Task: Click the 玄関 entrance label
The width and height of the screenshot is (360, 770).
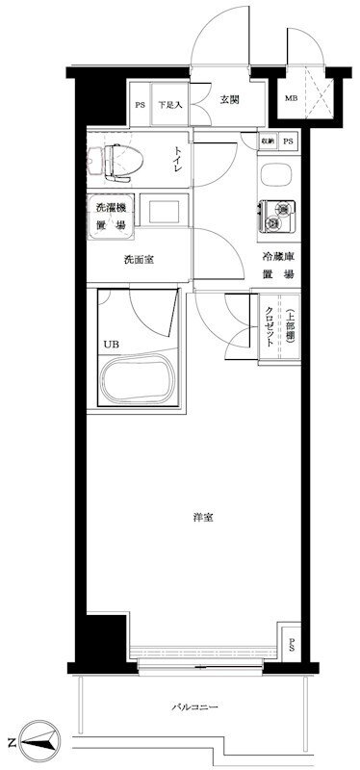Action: click(x=228, y=100)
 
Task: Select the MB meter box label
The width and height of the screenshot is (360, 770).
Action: click(x=292, y=97)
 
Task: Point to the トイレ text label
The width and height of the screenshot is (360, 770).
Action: click(x=178, y=160)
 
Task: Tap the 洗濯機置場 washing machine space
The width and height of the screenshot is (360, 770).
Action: click(x=110, y=216)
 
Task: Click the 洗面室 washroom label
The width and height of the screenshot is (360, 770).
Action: click(x=139, y=259)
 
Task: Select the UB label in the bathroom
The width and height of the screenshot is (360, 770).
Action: click(x=110, y=344)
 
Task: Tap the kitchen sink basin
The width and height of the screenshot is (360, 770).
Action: click(x=276, y=175)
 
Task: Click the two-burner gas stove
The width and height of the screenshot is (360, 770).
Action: click(x=277, y=216)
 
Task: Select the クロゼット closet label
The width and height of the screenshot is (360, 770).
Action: click(x=270, y=326)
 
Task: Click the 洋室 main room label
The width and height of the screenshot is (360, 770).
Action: click(x=203, y=517)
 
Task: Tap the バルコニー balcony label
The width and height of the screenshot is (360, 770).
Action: click(x=194, y=707)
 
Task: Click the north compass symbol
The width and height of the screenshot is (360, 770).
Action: click(x=39, y=741)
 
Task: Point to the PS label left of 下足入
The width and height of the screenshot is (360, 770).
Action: click(x=140, y=105)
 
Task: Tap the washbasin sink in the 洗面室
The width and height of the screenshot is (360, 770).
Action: click(x=164, y=210)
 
